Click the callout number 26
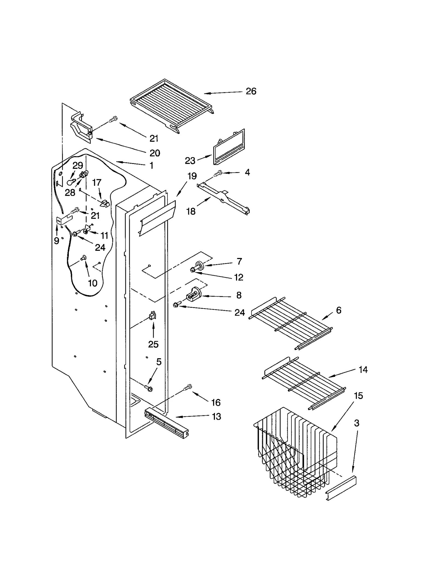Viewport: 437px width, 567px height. [251, 91]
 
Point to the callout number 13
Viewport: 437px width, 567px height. [216, 417]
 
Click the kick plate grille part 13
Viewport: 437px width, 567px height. [167, 423]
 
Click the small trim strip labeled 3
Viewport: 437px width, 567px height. [341, 488]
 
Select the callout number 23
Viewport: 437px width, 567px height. [190, 161]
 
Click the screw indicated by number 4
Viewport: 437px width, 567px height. [218, 173]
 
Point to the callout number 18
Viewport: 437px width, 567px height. [191, 211]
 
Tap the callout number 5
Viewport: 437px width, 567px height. [159, 362]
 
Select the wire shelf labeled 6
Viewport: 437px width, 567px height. [291, 323]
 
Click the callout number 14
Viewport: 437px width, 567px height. [363, 369]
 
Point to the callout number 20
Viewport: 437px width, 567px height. [155, 153]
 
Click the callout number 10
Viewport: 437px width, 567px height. [93, 283]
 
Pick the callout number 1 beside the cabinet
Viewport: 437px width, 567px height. [152, 166]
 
